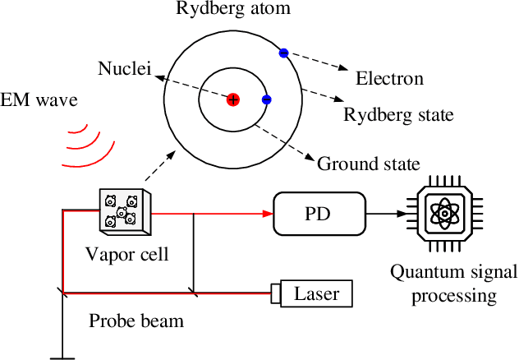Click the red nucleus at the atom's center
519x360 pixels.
click(x=233, y=99)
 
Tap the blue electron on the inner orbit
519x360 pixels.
click(x=266, y=99)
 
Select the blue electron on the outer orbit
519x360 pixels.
click(x=283, y=53)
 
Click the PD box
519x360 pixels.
click(x=319, y=214)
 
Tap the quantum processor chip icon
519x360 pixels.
click(x=444, y=214)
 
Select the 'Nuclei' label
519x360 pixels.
click(x=124, y=68)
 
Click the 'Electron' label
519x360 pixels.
click(x=389, y=79)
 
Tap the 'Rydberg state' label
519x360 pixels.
click(x=397, y=115)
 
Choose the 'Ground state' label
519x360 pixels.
click(x=369, y=163)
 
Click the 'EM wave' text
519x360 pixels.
click(x=39, y=101)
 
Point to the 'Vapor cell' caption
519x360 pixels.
click(x=127, y=254)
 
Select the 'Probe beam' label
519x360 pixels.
click(x=136, y=320)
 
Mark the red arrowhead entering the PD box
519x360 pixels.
click(x=266, y=214)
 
